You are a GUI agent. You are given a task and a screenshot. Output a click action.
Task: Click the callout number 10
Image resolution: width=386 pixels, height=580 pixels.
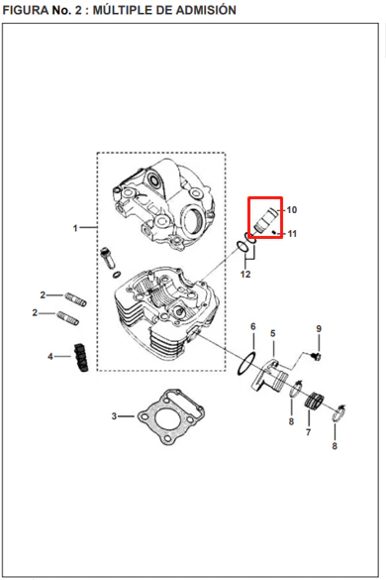click(x=292, y=210)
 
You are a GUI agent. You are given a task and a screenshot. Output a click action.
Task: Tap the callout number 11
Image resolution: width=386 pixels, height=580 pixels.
click(x=292, y=234)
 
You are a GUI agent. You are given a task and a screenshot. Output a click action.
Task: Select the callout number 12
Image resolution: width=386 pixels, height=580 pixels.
click(x=245, y=274)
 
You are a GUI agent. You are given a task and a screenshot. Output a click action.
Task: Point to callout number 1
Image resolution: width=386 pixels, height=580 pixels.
click(x=75, y=228)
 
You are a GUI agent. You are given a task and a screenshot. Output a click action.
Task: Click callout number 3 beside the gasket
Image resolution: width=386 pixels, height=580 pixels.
click(x=114, y=416)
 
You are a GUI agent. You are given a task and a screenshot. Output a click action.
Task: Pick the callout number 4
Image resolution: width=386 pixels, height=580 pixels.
click(x=50, y=357)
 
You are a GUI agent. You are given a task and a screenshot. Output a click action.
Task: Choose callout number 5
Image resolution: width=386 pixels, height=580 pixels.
click(x=272, y=334)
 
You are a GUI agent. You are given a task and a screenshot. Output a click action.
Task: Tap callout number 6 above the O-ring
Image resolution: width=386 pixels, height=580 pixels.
click(x=253, y=326)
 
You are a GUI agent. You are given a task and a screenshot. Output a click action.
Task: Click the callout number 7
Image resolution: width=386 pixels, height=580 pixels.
click(x=308, y=431)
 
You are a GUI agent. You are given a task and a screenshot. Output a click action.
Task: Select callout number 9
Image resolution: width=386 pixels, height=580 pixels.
click(x=319, y=328)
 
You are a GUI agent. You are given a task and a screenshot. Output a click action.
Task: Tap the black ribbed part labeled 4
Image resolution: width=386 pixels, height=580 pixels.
click(x=81, y=357)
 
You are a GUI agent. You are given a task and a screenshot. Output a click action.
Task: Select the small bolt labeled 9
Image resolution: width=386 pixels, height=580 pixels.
click(x=316, y=357)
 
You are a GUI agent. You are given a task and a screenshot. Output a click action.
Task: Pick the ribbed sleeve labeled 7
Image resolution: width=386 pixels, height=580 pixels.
click(x=314, y=401)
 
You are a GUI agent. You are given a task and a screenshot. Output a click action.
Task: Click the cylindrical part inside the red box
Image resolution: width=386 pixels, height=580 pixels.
click(x=265, y=220)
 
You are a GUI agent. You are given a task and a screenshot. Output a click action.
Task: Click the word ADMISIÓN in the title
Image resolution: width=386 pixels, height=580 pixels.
click(x=206, y=10)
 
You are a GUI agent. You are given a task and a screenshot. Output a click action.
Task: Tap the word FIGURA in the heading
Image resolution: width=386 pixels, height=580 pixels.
click(x=26, y=10)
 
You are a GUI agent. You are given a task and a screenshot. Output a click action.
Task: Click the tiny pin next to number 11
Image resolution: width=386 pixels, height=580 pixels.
click(x=274, y=232)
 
